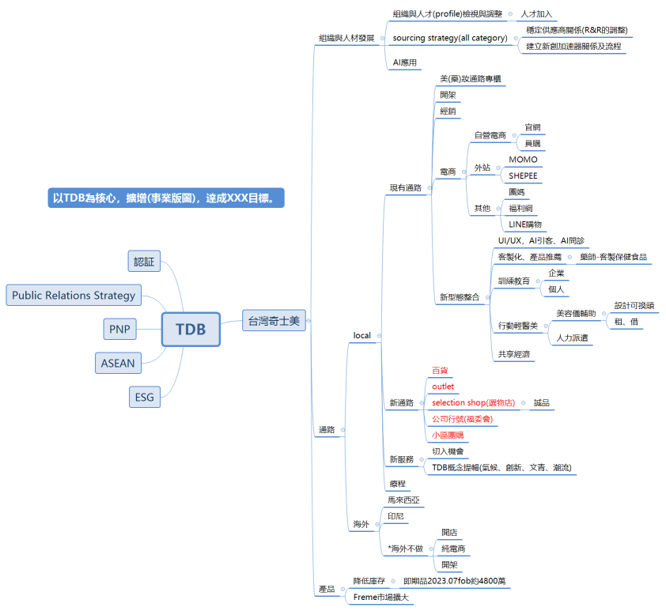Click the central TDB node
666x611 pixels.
[x=191, y=329]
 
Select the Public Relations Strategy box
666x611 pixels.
[x=74, y=296]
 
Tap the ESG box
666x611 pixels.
[x=144, y=397]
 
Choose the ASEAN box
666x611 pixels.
[x=118, y=363]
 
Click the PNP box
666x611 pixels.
[x=121, y=329]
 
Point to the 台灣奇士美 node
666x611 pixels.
[x=274, y=320]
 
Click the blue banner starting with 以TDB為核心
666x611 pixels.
[x=164, y=198]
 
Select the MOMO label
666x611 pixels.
[x=523, y=160]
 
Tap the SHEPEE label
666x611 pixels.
[x=523, y=175]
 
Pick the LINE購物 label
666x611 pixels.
[x=525, y=224]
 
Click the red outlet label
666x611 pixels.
[x=443, y=386]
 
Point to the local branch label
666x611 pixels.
[x=361, y=335]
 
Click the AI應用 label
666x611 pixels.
[x=404, y=62]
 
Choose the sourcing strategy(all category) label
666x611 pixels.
[x=449, y=38]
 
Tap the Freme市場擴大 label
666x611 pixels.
[x=380, y=597]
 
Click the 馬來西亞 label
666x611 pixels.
[x=403, y=500]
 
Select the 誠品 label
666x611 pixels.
[x=541, y=403]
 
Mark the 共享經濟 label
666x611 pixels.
[x=514, y=354]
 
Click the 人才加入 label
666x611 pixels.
[x=537, y=14]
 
